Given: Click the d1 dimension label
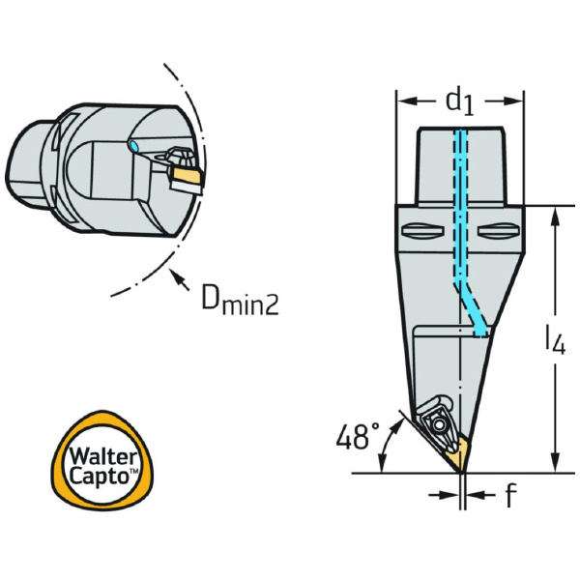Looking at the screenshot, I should click(x=459, y=101).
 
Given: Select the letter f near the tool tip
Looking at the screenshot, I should click(x=509, y=497).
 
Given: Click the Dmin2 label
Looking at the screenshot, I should click(x=239, y=303).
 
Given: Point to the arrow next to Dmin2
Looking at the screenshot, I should click(x=176, y=281).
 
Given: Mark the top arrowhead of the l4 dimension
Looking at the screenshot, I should click(x=554, y=215).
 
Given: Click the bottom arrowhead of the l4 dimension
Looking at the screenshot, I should click(x=554, y=464).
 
